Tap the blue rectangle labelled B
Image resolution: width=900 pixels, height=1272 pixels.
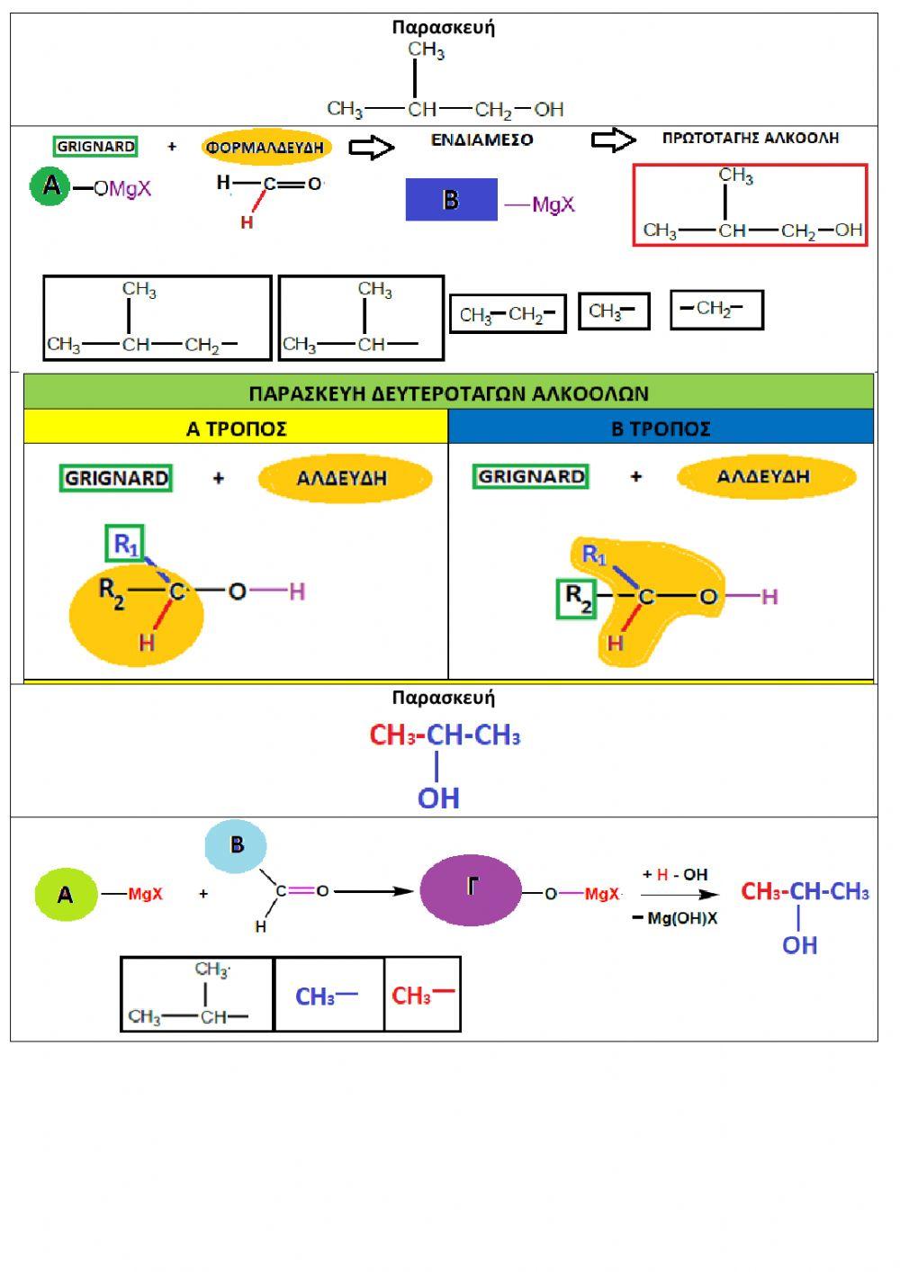tap(451, 200)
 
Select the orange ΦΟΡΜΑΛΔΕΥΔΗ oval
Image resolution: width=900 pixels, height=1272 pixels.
tap(265, 147)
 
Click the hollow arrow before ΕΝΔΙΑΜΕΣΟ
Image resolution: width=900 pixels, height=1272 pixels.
tap(371, 147)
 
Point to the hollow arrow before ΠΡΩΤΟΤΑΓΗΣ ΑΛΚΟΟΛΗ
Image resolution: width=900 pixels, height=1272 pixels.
tap(613, 140)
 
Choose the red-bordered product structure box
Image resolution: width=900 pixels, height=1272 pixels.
tap(750, 205)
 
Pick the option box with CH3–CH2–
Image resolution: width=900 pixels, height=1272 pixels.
tap(508, 314)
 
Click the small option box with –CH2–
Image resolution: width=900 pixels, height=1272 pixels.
tap(716, 309)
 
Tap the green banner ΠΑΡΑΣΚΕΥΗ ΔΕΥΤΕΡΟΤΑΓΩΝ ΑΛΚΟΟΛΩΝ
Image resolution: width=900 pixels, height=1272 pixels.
tap(448, 393)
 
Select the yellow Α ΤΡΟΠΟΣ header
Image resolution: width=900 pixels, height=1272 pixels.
tap(236, 429)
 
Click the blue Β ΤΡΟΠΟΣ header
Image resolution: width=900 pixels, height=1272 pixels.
tap(661, 429)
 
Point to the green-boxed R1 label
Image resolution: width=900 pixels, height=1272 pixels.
tap(125, 544)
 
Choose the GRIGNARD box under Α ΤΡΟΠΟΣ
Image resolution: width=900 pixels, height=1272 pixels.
tap(116, 478)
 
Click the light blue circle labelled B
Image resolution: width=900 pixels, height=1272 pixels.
tap(237, 845)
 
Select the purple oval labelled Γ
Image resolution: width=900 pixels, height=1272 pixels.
tap(471, 889)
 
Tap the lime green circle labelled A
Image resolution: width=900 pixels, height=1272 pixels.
tap(66, 895)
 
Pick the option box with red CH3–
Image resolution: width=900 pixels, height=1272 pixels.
tap(422, 995)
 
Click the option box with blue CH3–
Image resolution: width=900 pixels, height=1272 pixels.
tap(328, 995)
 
